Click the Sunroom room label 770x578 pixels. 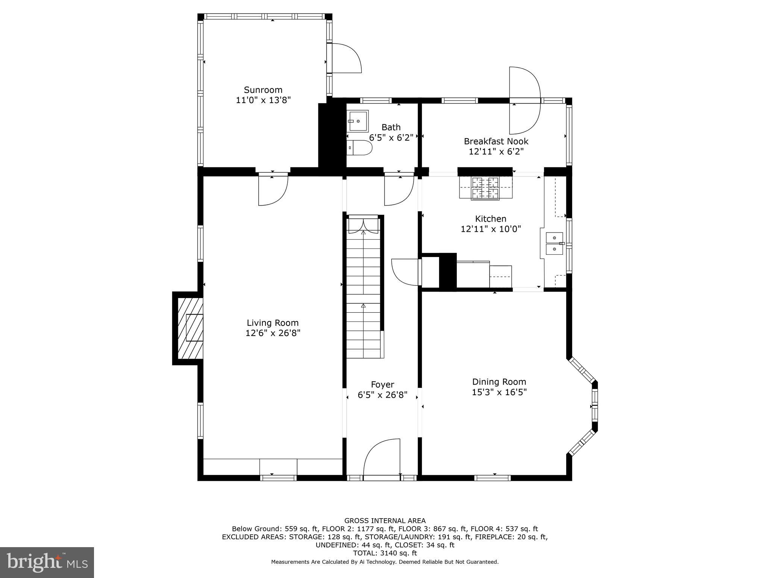[263, 90]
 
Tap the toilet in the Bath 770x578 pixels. [360, 148]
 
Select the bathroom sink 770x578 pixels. [357, 121]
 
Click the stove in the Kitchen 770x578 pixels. [485, 187]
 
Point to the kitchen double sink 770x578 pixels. [554, 243]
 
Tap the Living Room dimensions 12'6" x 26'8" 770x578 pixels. [273, 333]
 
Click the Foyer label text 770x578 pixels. [382, 385]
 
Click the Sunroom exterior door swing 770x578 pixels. [344, 58]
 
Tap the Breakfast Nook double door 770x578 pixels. [524, 100]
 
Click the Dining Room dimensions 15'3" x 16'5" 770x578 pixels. [499, 392]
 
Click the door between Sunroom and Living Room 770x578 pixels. [273, 189]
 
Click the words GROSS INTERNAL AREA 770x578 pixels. [385, 521]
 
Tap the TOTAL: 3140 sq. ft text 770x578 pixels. [385, 553]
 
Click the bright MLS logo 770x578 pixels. [47, 563]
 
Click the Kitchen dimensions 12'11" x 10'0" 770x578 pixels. [491, 229]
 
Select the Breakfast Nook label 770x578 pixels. [496, 141]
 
